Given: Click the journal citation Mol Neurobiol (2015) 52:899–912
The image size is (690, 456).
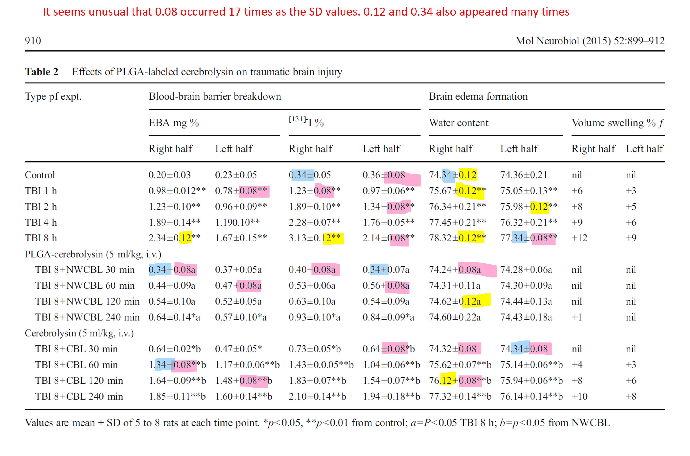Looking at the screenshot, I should (x=590, y=41).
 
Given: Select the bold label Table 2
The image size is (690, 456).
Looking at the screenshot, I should (x=41, y=72).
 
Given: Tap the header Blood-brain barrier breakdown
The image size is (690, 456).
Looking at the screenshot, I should (x=215, y=96).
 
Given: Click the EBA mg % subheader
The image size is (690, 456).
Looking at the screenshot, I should (x=173, y=123).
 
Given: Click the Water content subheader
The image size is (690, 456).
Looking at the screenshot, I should (x=458, y=123).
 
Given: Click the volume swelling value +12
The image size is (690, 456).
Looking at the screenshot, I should (x=579, y=238).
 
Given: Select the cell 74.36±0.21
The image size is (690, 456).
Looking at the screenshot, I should (x=523, y=175).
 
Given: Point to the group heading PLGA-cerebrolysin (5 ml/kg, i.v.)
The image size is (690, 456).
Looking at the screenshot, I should (x=93, y=254).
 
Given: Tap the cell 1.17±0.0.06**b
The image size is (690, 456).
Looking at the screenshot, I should (x=247, y=365).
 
